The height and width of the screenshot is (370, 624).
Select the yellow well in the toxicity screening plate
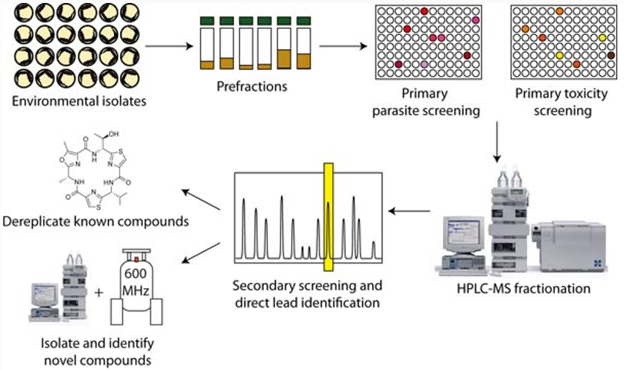coord(560,56)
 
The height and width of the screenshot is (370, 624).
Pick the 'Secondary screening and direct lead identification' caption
coord(307,294)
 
